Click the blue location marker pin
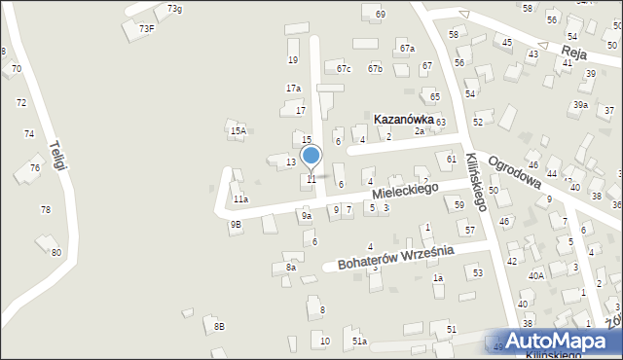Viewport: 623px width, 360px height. (x=311, y=156)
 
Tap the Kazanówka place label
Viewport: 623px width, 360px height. (x=404, y=119)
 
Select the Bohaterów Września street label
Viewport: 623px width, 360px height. (x=395, y=257)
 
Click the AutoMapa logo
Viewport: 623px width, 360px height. (x=557, y=342)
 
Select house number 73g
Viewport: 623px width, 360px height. (x=174, y=9)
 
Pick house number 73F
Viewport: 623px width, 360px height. (x=146, y=29)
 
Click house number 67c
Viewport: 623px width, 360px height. (x=343, y=69)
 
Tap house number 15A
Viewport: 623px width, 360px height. (x=237, y=130)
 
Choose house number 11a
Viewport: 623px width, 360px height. (x=240, y=199)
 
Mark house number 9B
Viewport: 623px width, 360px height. (x=236, y=225)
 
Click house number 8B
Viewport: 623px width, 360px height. (x=219, y=327)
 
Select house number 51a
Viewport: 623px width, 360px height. (x=359, y=342)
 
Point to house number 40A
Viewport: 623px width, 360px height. (x=536, y=275)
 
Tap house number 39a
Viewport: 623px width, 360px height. (x=580, y=105)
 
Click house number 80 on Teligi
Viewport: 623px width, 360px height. (x=56, y=253)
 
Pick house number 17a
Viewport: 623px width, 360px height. (x=293, y=89)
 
